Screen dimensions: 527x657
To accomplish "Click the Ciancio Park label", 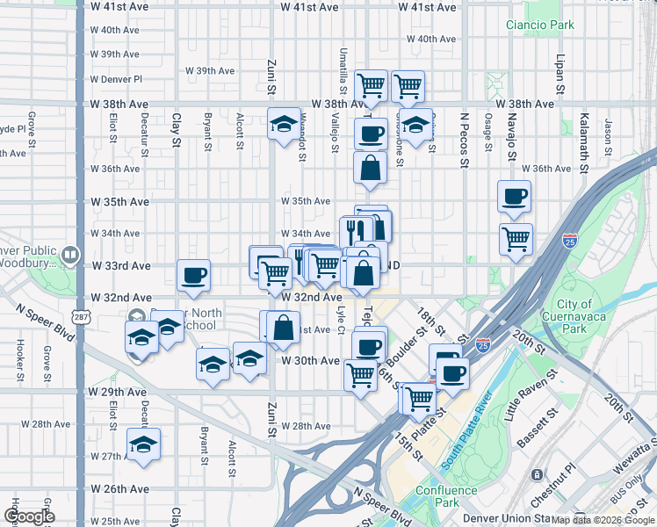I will [539, 24].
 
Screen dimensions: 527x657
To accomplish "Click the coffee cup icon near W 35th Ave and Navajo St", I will [514, 198].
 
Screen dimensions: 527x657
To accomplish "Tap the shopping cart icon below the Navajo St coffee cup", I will [516, 238].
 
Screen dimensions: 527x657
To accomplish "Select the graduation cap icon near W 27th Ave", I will [143, 445].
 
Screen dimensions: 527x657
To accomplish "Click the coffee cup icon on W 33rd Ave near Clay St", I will [194, 276].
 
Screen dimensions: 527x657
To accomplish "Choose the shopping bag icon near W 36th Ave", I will [371, 167].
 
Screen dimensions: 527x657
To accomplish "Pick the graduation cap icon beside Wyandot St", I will [284, 125].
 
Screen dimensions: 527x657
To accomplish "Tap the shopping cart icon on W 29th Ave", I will [361, 375].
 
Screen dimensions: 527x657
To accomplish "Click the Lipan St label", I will [560, 76].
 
